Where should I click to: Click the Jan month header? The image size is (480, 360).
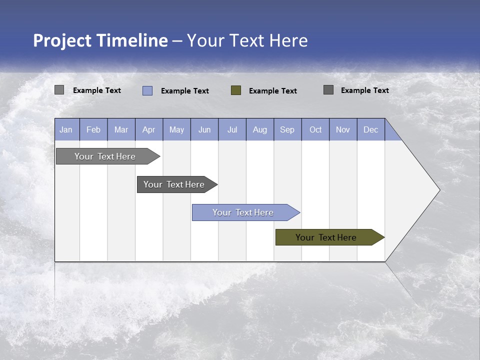[x=66, y=130]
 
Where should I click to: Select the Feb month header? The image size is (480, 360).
[x=93, y=130]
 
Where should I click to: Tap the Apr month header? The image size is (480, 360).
[x=149, y=130]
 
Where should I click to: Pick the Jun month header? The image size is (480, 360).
[x=204, y=130]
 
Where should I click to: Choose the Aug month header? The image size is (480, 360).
[x=260, y=130]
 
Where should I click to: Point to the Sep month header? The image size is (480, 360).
[x=287, y=130]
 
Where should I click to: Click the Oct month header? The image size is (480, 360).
[x=315, y=130]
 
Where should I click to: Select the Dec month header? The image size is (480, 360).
[x=371, y=130]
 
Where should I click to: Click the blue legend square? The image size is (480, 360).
[x=147, y=90]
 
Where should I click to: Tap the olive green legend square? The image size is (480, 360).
[x=236, y=90]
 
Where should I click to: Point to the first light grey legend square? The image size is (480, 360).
[x=59, y=90]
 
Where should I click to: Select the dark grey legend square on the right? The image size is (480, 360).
[x=328, y=90]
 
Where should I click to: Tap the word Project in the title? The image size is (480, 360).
[x=62, y=40]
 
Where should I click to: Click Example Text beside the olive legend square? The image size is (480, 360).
[x=273, y=91]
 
